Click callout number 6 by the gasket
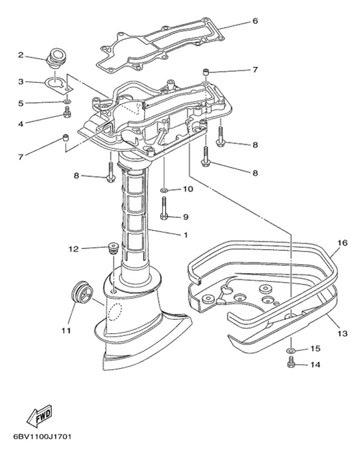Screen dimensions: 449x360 [255, 21]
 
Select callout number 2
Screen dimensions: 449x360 [20, 56]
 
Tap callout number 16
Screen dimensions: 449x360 [342, 243]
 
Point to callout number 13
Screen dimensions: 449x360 [341, 332]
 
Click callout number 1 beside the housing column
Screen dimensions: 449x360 [185, 235]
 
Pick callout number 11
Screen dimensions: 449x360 [65, 330]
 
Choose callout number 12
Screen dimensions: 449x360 [73, 248]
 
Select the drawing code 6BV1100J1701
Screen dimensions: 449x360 [41, 436]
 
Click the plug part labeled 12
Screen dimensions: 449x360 [110, 247]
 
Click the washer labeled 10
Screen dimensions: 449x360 [164, 190]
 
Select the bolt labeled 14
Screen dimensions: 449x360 [292, 363]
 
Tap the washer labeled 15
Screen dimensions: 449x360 [291, 349]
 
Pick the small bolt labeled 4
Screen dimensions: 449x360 [67, 113]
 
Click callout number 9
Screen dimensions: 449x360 [185, 217]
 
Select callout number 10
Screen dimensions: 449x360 [188, 190]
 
